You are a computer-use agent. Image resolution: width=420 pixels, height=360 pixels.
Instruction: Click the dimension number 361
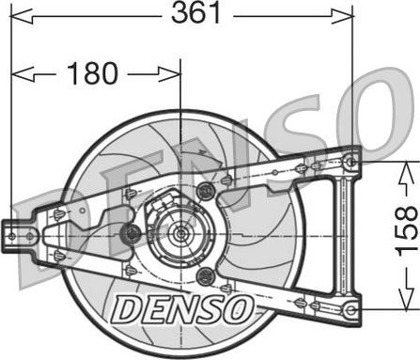(196, 13)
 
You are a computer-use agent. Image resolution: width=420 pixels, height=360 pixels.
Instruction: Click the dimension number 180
(92, 73)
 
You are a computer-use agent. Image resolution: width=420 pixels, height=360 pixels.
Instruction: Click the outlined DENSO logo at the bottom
(182, 309)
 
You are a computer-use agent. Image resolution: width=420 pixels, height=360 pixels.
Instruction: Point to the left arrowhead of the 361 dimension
(22, 16)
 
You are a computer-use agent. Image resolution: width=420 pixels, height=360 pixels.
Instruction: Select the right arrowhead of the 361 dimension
(342, 16)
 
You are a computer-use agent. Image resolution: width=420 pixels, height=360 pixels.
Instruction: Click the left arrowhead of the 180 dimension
(23, 74)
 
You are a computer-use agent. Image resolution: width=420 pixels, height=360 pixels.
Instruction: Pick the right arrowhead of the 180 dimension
(170, 74)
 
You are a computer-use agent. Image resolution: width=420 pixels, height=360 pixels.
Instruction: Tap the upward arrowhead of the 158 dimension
(407, 172)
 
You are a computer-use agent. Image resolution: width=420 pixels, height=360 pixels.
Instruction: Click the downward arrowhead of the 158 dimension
(407, 300)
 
